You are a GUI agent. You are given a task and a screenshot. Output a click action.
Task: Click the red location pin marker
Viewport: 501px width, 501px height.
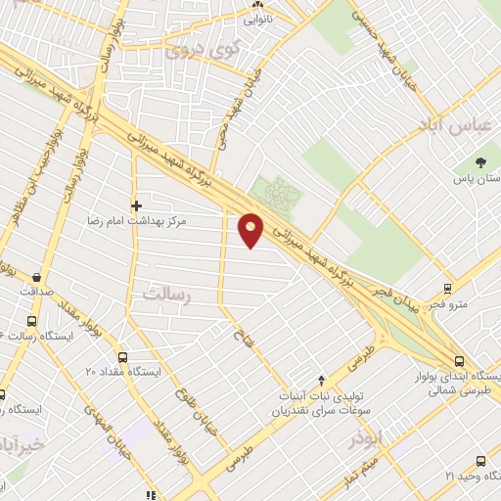pos(251,229)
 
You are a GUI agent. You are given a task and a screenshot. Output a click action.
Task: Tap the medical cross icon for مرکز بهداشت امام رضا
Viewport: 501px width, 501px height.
pos(136,205)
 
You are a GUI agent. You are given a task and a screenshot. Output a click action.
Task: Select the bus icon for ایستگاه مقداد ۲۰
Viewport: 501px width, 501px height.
pos(122,357)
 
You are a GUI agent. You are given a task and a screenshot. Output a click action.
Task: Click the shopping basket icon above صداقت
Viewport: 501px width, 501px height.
pos(36,277)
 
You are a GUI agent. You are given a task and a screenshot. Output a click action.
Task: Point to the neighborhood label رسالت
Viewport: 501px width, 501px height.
pos(167,293)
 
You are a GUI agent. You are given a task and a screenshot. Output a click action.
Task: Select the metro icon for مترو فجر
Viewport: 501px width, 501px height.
pos(447,289)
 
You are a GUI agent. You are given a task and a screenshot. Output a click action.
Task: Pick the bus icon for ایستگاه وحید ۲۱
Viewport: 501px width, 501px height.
pos(479,460)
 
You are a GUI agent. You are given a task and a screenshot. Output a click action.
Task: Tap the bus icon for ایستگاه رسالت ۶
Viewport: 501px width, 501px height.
pos(31,321)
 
